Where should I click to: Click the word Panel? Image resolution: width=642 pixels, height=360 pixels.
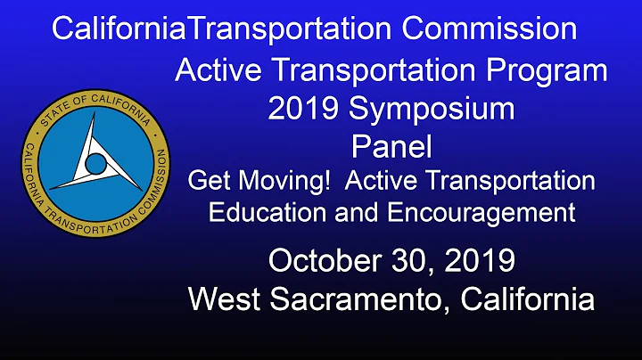391,144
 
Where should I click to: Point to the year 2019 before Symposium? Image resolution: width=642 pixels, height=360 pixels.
305,110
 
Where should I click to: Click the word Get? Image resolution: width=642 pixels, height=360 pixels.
208,181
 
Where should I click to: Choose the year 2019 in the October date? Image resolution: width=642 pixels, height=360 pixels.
477,261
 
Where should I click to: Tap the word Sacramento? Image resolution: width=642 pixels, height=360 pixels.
358,299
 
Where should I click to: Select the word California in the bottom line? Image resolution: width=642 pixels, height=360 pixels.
529,299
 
